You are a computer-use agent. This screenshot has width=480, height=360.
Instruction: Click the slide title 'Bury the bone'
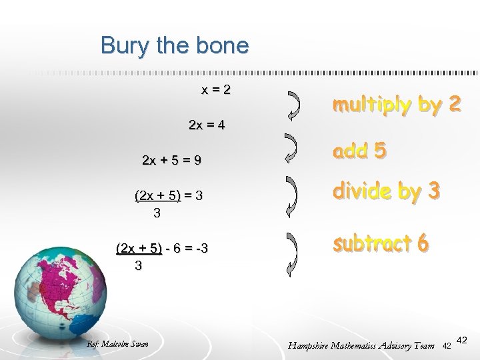175,45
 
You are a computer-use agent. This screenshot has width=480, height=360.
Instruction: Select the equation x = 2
217,89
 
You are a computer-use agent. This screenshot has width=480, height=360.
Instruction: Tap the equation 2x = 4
207,125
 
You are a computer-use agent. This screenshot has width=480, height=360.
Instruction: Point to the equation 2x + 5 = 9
172,161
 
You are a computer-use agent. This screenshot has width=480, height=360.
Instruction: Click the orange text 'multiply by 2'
397,105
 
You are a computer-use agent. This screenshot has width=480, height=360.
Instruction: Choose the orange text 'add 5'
359,151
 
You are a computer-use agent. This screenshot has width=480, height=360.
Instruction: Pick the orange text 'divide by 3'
387,191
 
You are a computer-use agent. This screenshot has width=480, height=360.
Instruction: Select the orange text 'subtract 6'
381,244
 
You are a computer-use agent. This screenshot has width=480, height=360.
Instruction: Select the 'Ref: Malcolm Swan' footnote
118,344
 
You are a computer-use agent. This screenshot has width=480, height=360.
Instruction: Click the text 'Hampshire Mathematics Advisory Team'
361,345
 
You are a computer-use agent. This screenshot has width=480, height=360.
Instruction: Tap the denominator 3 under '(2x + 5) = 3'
157,213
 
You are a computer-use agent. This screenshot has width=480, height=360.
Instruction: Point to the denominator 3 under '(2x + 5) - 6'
138,266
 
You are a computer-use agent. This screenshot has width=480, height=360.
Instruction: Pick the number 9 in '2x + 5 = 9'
197,161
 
